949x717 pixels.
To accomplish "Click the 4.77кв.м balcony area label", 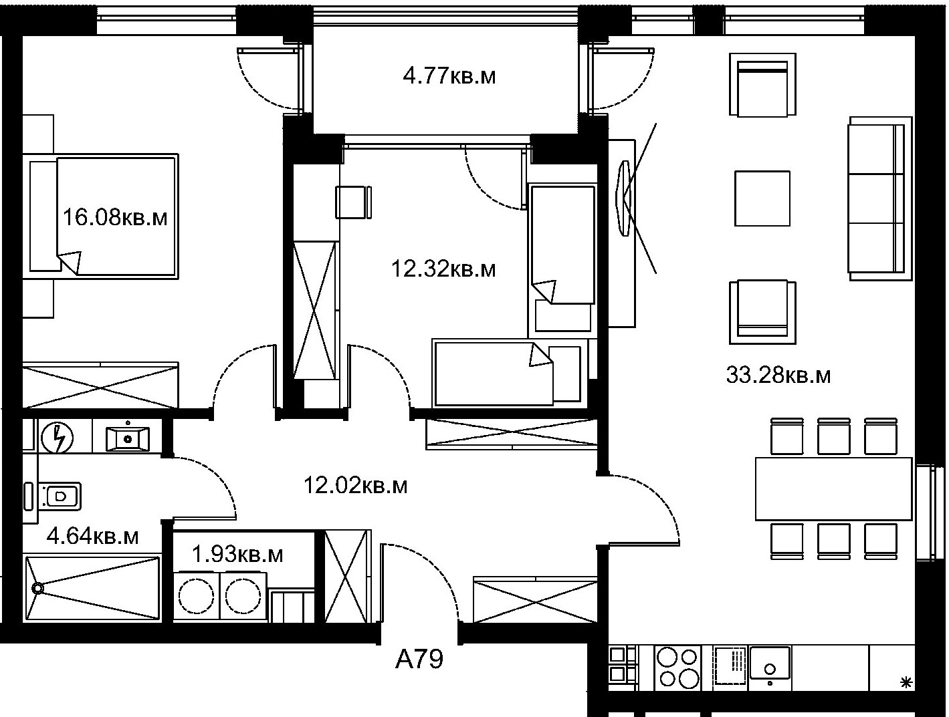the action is pyautogui.click(x=449, y=76).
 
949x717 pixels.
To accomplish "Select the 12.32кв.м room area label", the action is pyautogui.click(x=443, y=269).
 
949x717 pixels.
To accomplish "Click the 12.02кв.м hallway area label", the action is pyautogui.click(x=355, y=485).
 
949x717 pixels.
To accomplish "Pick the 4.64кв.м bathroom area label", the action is pyautogui.click(x=92, y=537).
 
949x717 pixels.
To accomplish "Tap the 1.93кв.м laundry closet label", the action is pyautogui.click(x=237, y=554).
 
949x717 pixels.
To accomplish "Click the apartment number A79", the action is pyautogui.click(x=419, y=660).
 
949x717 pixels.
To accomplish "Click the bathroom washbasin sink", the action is pyautogui.click(x=128, y=438).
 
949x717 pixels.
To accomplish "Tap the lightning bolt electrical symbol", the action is pyautogui.click(x=57, y=438).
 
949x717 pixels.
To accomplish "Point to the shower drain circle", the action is pyautogui.click(x=38, y=588).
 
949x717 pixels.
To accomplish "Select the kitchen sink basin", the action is pyautogui.click(x=770, y=662).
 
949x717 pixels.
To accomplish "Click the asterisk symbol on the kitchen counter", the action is pyautogui.click(x=906, y=682).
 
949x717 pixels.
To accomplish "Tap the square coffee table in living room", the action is pyautogui.click(x=762, y=198).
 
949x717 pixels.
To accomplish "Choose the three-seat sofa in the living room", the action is pyautogui.click(x=880, y=198).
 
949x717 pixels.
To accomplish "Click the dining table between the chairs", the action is pyautogui.click(x=833, y=488).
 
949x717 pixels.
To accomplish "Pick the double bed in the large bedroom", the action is pyautogui.click(x=104, y=216).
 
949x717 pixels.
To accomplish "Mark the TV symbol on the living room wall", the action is pyautogui.click(x=625, y=198).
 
